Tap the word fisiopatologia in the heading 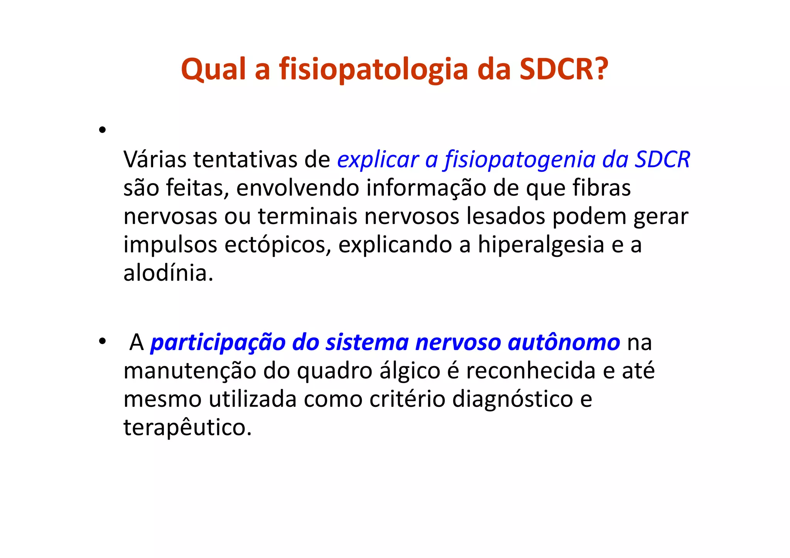(373, 70)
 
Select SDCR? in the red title (564, 70)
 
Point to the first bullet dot (102, 130)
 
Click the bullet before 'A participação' (102, 341)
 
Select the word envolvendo (297, 188)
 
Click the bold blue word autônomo (564, 342)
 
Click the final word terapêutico (187, 428)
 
